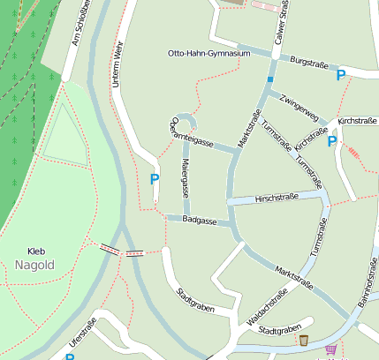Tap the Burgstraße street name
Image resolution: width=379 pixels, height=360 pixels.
click(x=308, y=64)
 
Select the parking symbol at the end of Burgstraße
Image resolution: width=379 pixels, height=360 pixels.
click(x=341, y=76)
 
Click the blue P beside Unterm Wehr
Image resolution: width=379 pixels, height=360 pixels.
click(x=155, y=179)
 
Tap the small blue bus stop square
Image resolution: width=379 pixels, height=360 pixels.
click(x=270, y=80)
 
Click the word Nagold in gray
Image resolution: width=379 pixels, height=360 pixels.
click(x=35, y=265)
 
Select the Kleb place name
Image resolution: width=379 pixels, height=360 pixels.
click(x=36, y=251)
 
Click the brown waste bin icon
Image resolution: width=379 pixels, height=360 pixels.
click(x=304, y=341)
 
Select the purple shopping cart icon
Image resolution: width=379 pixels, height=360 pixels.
click(x=330, y=349)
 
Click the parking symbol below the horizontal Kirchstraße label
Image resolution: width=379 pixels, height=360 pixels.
click(x=332, y=141)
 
